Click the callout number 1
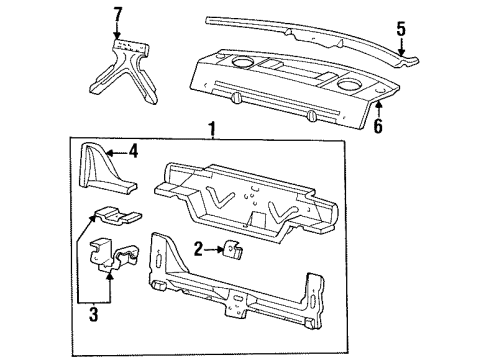[211, 129]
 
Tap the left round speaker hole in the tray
[241, 66]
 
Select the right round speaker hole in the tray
[349, 85]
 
